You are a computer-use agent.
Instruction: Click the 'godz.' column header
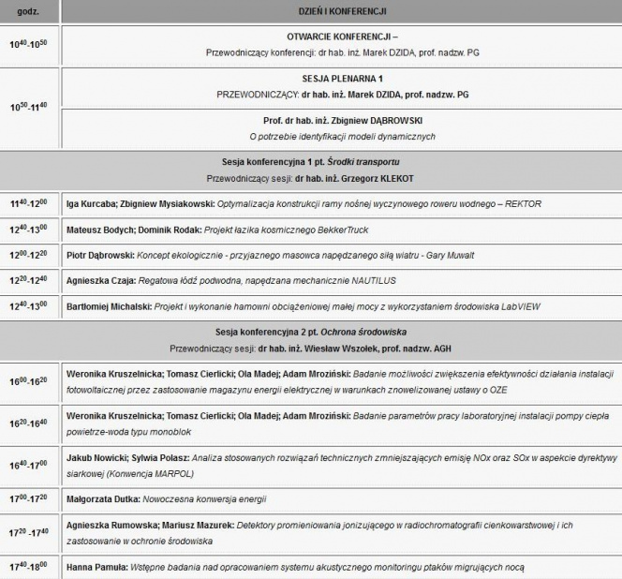[28, 11]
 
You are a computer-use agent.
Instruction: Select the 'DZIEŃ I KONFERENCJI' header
[340, 11]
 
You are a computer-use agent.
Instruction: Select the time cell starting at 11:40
[28, 203]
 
